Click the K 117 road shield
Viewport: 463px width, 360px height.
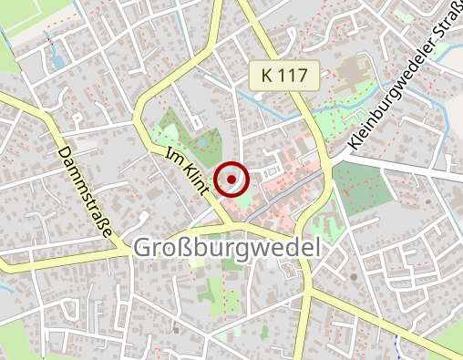click(x=285, y=76)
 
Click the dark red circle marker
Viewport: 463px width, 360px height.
click(x=231, y=179)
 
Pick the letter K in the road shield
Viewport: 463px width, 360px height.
click(x=266, y=76)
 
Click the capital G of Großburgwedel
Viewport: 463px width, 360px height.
click(x=144, y=248)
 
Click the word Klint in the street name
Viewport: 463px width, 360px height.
click(x=193, y=179)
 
